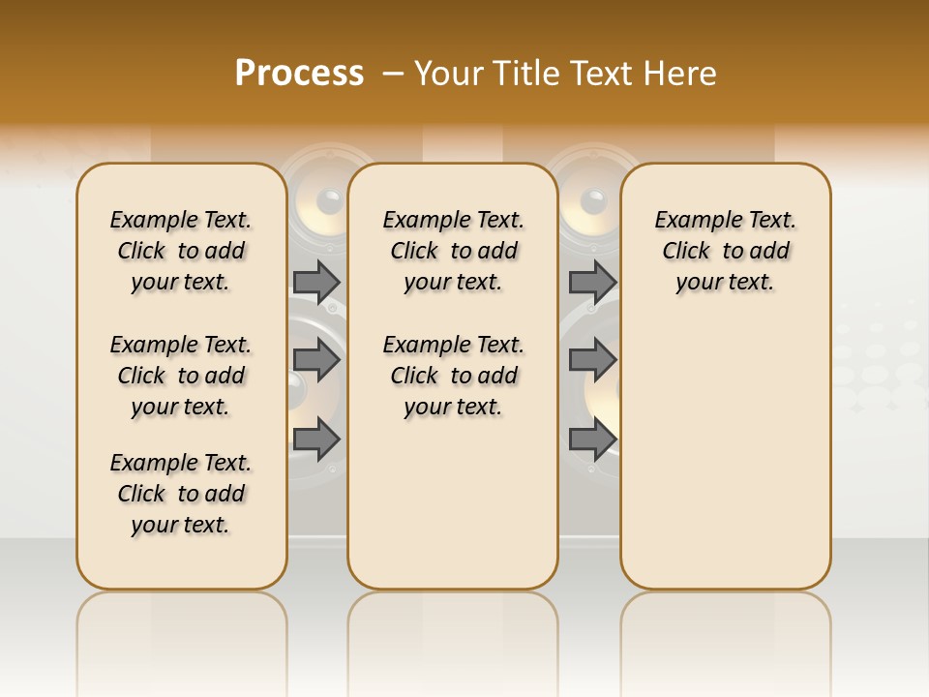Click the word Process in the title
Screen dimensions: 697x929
coord(299,74)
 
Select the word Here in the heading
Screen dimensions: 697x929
coord(681,74)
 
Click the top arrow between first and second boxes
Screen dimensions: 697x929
coord(316,282)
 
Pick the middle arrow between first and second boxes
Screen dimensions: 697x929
coord(316,360)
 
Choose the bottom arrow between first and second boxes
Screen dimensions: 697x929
coord(316,439)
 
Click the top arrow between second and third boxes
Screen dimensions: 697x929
coord(592,282)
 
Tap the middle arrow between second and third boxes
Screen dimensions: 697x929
coord(592,360)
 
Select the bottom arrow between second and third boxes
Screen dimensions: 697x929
coord(592,439)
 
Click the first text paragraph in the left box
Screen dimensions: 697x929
coord(181,251)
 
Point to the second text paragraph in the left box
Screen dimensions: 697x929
coord(181,376)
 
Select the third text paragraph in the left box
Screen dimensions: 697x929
coord(181,494)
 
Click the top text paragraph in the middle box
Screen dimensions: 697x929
coord(453,251)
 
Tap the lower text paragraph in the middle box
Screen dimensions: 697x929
coord(453,376)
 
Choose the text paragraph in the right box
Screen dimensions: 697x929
coord(725,251)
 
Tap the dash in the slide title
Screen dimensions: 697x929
coord(393,74)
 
